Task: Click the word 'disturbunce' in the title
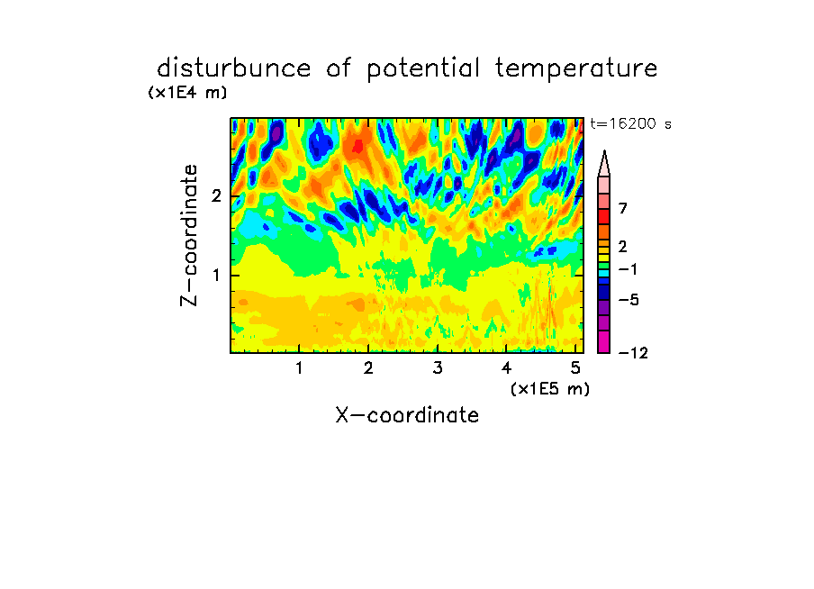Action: (x=234, y=68)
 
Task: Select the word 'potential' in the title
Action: (x=423, y=69)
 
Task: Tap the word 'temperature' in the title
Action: (x=576, y=69)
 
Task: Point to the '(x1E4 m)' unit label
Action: (x=187, y=93)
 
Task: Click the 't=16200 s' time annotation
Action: (x=630, y=123)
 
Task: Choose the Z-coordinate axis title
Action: (x=189, y=235)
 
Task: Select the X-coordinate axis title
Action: (x=407, y=415)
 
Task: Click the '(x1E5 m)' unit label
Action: (x=550, y=388)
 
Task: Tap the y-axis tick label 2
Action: (x=216, y=196)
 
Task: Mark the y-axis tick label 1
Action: (x=216, y=275)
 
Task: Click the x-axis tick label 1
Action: (x=300, y=368)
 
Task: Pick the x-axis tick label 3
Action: (x=438, y=368)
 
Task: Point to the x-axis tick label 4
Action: (x=506, y=368)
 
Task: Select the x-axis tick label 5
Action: (x=575, y=368)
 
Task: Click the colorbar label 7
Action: (x=623, y=208)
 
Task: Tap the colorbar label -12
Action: (x=633, y=353)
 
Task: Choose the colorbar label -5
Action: (x=629, y=300)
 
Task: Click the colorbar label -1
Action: (x=628, y=269)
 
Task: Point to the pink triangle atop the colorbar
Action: (x=604, y=164)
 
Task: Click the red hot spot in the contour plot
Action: (x=357, y=147)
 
